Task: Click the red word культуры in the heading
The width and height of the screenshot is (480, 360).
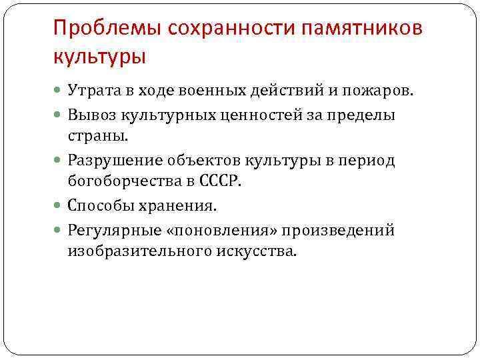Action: point(99,57)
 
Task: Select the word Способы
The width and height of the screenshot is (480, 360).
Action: point(99,206)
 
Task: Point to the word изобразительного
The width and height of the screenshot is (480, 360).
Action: point(139,251)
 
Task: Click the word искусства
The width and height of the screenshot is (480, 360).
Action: point(257,251)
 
